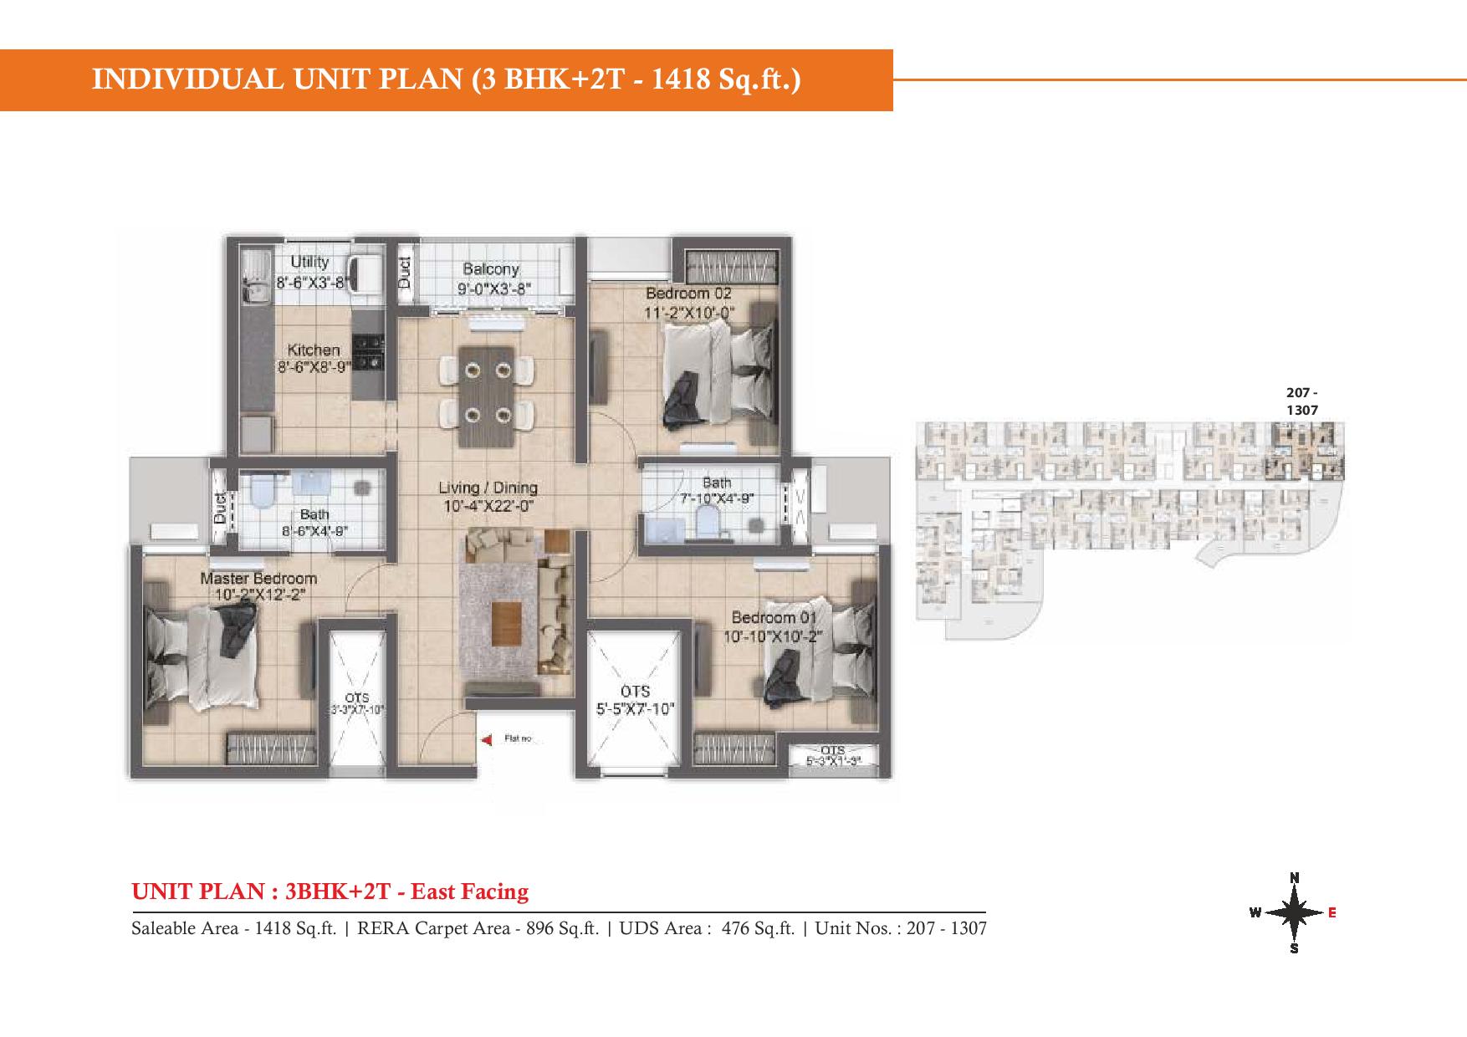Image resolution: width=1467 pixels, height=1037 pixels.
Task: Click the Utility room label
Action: (x=309, y=263)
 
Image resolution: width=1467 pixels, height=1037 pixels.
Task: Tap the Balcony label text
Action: (x=491, y=269)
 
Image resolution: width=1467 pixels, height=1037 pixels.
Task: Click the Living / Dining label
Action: (x=488, y=488)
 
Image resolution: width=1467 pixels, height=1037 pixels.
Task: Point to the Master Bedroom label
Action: (x=258, y=579)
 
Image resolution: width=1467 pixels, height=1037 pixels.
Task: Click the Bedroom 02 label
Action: (x=688, y=294)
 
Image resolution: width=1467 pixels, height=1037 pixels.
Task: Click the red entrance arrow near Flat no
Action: (x=487, y=739)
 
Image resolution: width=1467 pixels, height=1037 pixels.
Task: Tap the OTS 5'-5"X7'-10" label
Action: (x=636, y=701)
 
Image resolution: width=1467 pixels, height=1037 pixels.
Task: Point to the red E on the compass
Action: (x=1332, y=912)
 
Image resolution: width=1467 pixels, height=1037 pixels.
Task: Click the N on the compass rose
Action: (x=1294, y=877)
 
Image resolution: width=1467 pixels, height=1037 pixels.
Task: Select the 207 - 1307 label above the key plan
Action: (x=1302, y=401)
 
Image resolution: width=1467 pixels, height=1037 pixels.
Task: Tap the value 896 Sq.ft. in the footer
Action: (x=557, y=928)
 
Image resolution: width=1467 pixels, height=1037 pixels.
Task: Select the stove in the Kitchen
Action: (x=368, y=352)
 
